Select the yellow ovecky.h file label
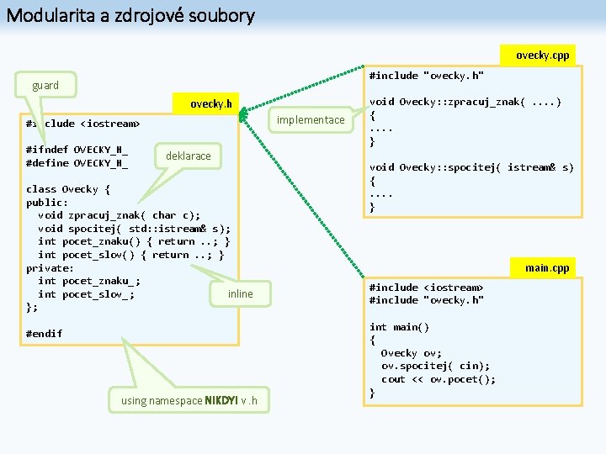point(210,104)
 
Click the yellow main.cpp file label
point(547,268)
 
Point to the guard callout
point(45,85)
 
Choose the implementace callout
point(311,120)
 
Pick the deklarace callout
point(189,156)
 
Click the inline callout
point(240,293)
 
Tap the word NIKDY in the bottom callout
point(209,400)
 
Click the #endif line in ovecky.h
point(44,334)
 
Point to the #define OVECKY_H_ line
point(77,163)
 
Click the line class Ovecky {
point(68,189)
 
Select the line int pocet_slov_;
point(86,294)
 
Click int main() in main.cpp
point(399,327)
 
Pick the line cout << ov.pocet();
point(439,379)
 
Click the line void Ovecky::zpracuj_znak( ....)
point(465,103)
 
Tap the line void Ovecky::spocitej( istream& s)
point(471,167)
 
